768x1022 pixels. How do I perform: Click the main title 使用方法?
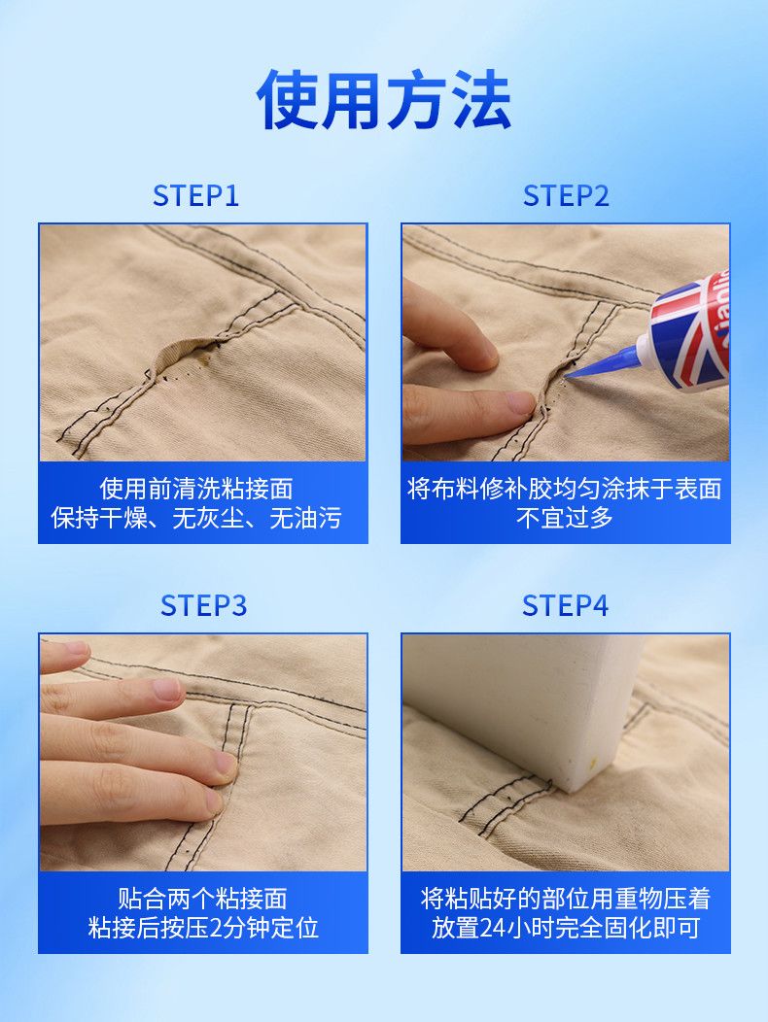pyautogui.click(x=384, y=100)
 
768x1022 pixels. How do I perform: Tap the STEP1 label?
pyautogui.click(x=195, y=195)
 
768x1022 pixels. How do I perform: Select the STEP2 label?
pyautogui.click(x=566, y=195)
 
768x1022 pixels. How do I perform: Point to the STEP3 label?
pyautogui.click(x=203, y=605)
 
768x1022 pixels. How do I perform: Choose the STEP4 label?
pyautogui.click(x=565, y=605)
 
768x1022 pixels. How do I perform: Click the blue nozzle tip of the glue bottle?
pyautogui.click(x=569, y=375)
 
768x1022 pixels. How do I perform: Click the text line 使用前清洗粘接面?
pyautogui.click(x=196, y=489)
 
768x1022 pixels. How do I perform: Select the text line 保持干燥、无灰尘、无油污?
pyautogui.click(x=196, y=518)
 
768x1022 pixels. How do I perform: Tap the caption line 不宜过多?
pyautogui.click(x=565, y=518)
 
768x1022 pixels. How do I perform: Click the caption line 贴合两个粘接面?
pyautogui.click(x=203, y=899)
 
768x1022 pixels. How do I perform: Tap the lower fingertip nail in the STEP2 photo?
pyautogui.click(x=521, y=402)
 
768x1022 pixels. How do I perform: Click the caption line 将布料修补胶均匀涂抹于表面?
pyautogui.click(x=565, y=489)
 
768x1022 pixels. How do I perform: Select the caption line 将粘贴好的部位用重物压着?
pyautogui.click(x=565, y=899)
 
